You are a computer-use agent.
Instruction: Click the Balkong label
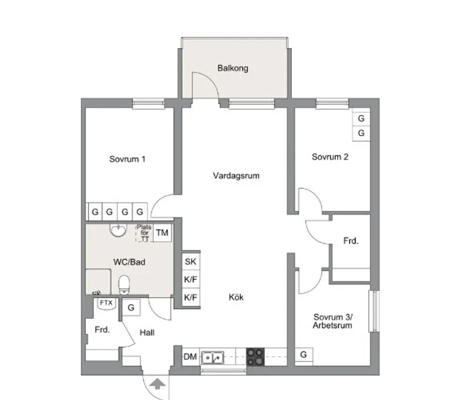click(x=233, y=69)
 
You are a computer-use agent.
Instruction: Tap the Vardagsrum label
click(x=236, y=176)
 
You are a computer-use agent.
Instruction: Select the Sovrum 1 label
click(x=127, y=159)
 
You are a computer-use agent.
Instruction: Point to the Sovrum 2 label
click(x=330, y=157)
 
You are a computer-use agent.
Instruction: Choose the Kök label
click(x=236, y=297)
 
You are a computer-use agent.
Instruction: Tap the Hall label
click(x=147, y=333)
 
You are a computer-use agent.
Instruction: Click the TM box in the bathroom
click(x=162, y=233)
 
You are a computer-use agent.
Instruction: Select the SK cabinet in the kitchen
click(x=191, y=262)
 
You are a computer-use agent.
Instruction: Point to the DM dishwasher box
click(x=190, y=357)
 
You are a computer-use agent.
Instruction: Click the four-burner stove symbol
click(x=255, y=356)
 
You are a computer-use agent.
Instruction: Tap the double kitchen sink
click(x=212, y=357)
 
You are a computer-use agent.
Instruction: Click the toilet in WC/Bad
click(x=124, y=284)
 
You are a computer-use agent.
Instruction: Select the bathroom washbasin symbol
click(x=117, y=230)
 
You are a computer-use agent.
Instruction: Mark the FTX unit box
click(x=106, y=303)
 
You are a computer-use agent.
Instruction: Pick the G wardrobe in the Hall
click(x=131, y=307)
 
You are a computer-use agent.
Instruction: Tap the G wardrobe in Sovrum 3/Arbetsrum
click(x=303, y=355)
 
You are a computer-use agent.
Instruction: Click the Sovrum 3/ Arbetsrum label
click(x=333, y=322)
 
